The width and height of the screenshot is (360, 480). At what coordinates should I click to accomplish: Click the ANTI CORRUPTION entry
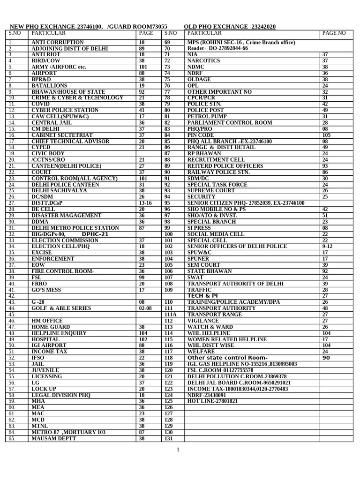(57, 43)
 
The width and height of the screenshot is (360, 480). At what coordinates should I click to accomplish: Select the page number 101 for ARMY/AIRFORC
(143, 67)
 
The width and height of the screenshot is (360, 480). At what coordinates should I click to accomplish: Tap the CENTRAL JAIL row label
(52, 122)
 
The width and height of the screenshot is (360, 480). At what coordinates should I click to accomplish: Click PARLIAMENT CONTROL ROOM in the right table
(230, 122)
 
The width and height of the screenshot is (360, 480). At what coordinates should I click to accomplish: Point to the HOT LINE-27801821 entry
(212, 401)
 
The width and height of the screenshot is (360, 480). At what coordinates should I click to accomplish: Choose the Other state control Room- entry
(227, 358)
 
